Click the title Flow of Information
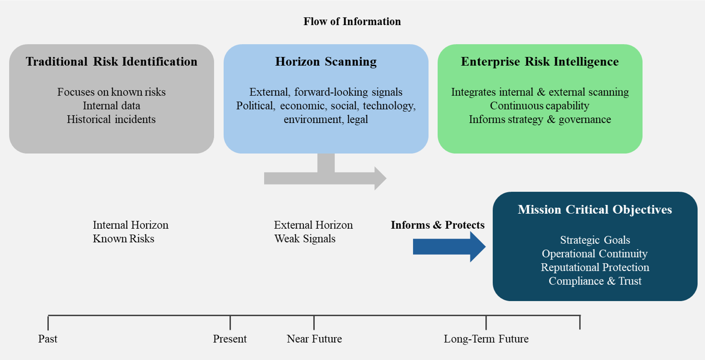tap(352, 22)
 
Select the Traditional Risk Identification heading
tap(111, 62)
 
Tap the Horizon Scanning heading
tap(326, 62)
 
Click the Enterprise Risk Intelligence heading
tap(539, 62)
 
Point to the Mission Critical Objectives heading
tap(594, 210)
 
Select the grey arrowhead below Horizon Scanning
tap(380, 178)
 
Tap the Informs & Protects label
tap(437, 225)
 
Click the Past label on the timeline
tap(48, 339)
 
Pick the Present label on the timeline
tap(230, 339)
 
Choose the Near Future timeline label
tap(314, 339)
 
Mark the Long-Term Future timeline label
tap(486, 339)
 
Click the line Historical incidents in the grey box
tap(111, 119)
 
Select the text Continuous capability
tap(539, 106)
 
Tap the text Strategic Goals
tap(594, 240)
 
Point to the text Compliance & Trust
tap(594, 281)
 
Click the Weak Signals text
tap(305, 239)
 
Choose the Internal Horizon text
tap(130, 225)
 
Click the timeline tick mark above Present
tap(230, 323)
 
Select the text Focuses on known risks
tap(111, 92)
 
